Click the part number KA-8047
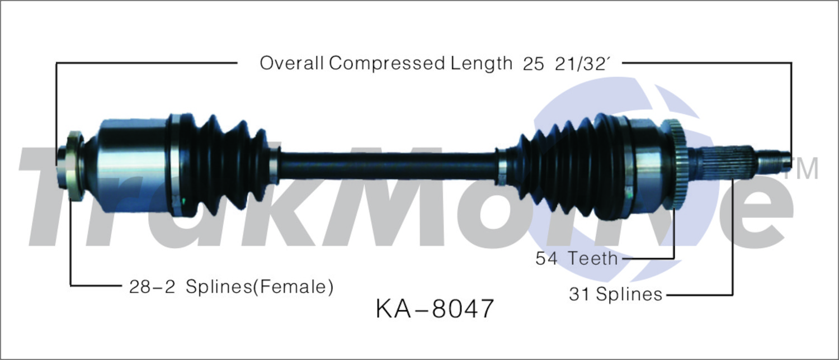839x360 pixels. point(435,309)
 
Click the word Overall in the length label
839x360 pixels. point(292,63)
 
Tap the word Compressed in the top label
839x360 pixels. point(387,64)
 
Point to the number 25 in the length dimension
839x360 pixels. point(533,64)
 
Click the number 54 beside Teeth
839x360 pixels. point(546,259)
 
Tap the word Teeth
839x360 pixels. point(592,259)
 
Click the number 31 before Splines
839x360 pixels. point(579,294)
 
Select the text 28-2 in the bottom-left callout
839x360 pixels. point(152,287)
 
